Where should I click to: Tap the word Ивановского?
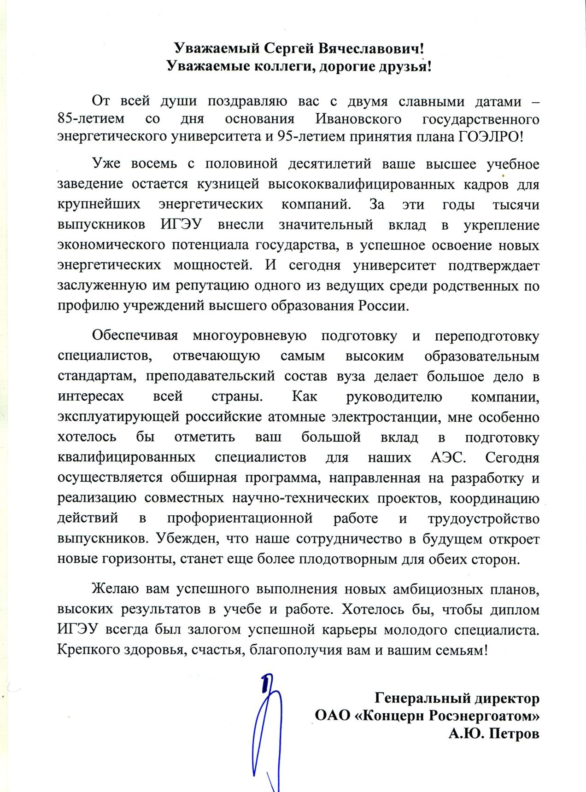coord(358,119)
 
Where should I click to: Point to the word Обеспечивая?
coord(135,336)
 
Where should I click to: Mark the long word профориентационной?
coord(240,519)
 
